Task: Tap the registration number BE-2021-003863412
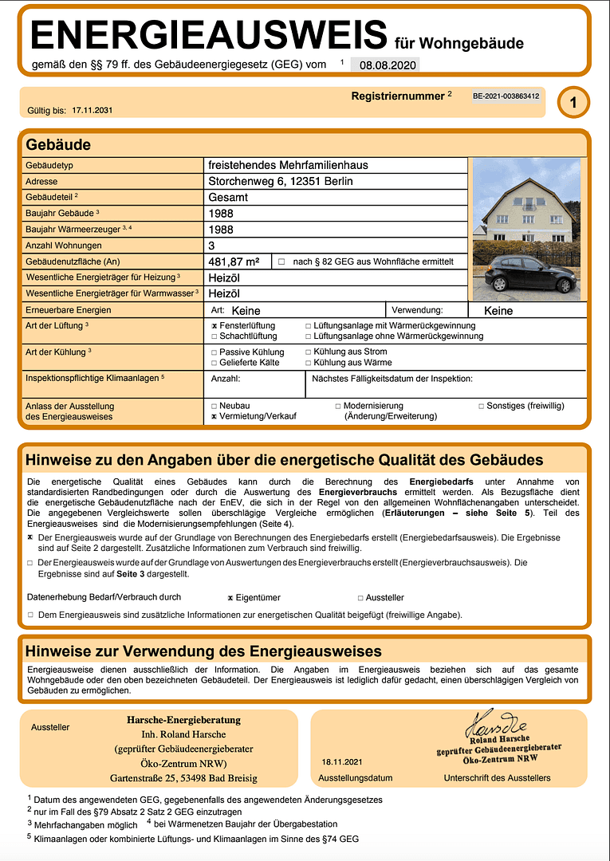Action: [x=506, y=96]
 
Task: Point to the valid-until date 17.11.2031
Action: [x=92, y=110]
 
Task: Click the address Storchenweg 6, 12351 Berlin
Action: [x=280, y=181]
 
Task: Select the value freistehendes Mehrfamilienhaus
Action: [x=288, y=165]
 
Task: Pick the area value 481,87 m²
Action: [x=234, y=261]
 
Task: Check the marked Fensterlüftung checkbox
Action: [x=214, y=326]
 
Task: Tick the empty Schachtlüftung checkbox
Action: [x=214, y=336]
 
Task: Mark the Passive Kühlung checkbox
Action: [x=214, y=352]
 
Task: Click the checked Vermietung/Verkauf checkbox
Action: [x=214, y=416]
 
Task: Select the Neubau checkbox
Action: [x=214, y=406]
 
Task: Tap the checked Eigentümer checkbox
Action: [x=230, y=597]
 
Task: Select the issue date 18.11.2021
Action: [x=341, y=762]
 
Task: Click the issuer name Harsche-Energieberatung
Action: [x=183, y=720]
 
